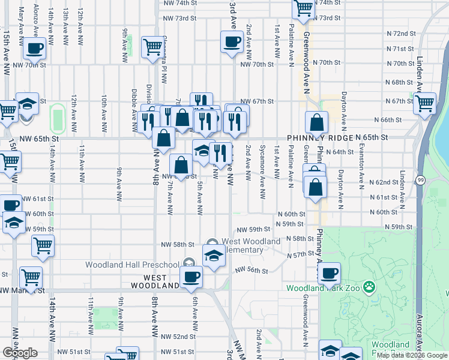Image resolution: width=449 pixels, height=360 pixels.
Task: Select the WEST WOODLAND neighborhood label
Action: click(x=161, y=281)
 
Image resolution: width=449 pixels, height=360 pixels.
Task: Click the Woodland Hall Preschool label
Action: click(x=132, y=265)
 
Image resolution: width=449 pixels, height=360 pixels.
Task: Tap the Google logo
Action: click(x=19, y=353)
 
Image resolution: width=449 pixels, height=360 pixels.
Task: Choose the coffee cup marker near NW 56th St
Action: click(x=191, y=277)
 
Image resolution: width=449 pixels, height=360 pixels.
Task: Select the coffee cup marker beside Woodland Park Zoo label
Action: click(x=328, y=274)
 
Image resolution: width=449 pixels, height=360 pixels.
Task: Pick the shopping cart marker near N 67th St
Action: click(x=424, y=103)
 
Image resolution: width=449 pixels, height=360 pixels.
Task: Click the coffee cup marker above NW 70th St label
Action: click(x=232, y=43)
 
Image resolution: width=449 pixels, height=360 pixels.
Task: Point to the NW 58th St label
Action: click(x=178, y=244)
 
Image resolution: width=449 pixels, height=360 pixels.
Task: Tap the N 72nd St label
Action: click(x=402, y=33)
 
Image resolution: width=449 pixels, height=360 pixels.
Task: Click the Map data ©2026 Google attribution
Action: click(x=412, y=355)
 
